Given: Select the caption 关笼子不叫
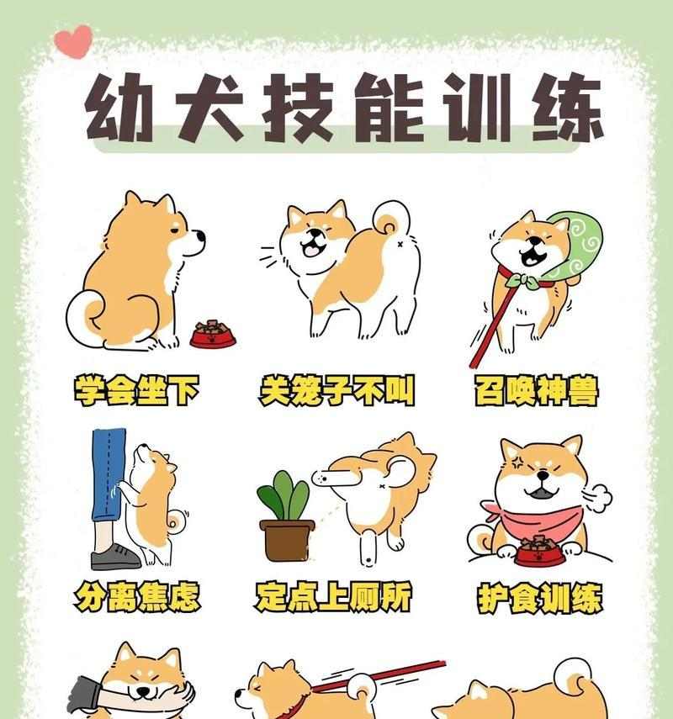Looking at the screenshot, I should tap(336, 391).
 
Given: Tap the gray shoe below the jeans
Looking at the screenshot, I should tap(114, 557).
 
